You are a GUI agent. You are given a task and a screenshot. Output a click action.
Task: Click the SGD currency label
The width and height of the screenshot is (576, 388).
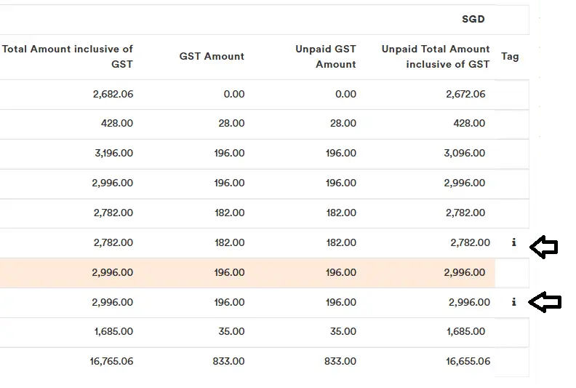tap(473, 19)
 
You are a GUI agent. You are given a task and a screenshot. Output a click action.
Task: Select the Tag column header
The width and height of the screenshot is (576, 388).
tap(510, 57)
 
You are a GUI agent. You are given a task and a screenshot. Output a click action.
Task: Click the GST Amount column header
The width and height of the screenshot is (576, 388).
tap(212, 57)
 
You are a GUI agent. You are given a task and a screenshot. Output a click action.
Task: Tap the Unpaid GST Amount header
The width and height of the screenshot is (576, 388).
tap(326, 57)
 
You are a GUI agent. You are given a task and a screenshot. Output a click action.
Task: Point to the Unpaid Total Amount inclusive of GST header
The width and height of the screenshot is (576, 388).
tap(436, 57)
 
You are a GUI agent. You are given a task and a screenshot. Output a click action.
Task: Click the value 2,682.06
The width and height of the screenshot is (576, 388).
tap(113, 94)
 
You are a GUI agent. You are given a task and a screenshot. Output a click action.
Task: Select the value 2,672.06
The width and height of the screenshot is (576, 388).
tap(465, 94)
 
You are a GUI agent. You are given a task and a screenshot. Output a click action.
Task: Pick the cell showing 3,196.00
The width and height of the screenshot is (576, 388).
tap(113, 154)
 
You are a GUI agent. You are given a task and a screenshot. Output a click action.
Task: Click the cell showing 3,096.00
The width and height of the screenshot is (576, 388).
tap(465, 154)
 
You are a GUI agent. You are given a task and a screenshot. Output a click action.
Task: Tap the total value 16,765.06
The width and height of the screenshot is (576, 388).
tap(110, 361)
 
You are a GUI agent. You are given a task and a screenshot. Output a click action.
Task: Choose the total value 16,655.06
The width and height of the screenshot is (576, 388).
tap(463, 361)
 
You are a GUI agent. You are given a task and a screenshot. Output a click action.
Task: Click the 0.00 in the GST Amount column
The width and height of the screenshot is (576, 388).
tap(233, 94)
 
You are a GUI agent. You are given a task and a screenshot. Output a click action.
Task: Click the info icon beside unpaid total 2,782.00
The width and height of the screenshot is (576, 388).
tap(514, 242)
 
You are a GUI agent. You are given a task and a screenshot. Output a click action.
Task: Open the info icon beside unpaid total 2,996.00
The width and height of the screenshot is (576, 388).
tap(514, 302)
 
